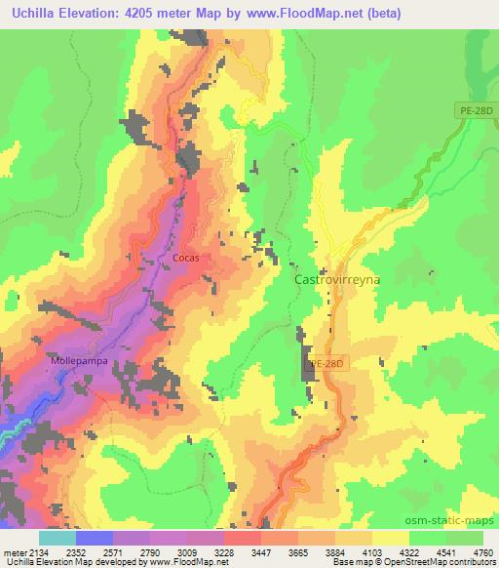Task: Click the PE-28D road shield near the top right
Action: (475, 112)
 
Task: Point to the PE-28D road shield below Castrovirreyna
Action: (327, 364)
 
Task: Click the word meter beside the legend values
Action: (14, 551)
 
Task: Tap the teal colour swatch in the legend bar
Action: (57, 537)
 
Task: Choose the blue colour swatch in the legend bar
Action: (95, 537)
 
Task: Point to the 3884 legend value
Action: (317, 551)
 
